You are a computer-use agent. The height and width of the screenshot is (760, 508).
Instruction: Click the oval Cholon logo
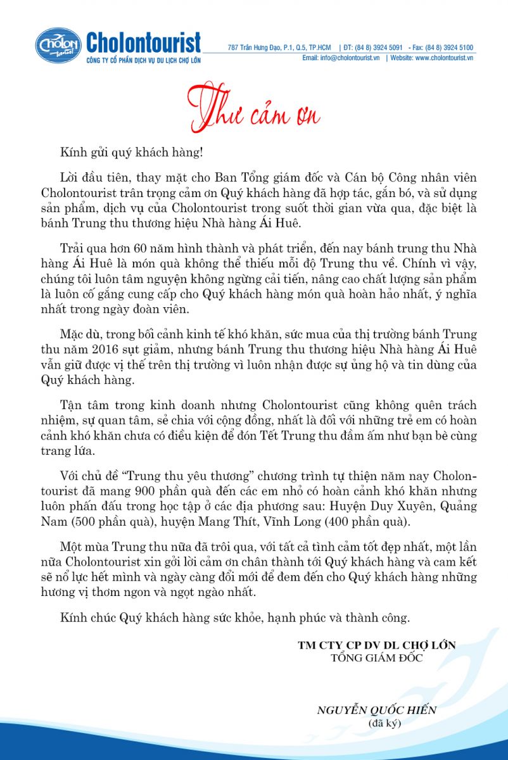coord(58,45)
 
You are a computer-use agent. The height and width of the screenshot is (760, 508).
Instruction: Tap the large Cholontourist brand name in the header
coord(143,43)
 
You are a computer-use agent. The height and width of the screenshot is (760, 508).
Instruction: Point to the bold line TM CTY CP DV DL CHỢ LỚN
coord(377,645)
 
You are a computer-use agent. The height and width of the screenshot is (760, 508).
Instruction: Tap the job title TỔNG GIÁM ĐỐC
coord(377,657)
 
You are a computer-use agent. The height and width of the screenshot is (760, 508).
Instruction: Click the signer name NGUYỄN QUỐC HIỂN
coord(377,710)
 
